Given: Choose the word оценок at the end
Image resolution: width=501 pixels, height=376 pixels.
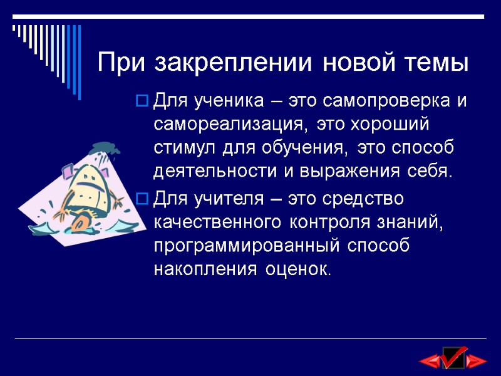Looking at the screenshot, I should point(295,270).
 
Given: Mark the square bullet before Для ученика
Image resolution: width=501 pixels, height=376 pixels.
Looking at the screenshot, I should point(142,101).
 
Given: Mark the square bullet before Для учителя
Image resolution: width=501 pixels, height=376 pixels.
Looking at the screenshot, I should point(142,200).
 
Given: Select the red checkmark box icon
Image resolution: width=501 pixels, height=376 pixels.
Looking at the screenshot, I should point(453,358).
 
